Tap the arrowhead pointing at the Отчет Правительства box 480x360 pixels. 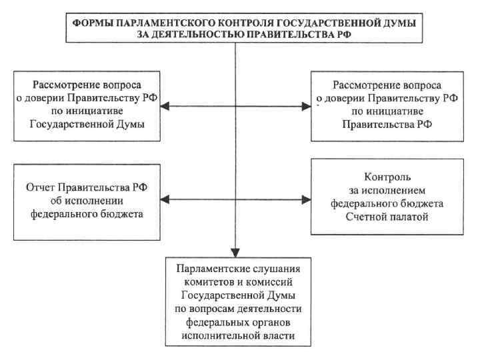(169, 199)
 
